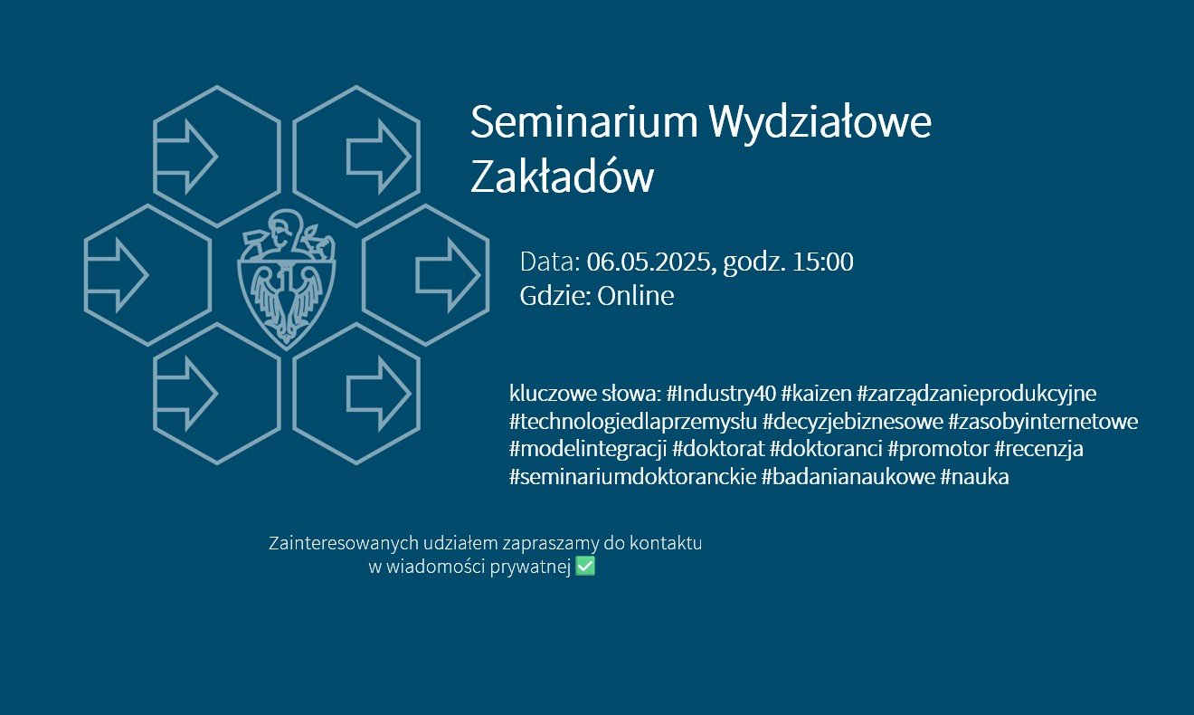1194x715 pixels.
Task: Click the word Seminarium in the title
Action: point(583,122)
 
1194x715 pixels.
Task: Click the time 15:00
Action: point(823,262)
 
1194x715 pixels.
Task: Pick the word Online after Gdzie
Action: point(635,295)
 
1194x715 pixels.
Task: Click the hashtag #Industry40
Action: point(721,394)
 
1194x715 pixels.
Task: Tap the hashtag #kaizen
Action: point(816,394)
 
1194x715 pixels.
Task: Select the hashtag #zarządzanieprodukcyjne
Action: point(977,394)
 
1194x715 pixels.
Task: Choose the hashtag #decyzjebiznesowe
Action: point(853,422)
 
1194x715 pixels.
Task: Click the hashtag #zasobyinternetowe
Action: point(1043,422)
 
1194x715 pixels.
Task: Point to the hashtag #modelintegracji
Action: point(588,449)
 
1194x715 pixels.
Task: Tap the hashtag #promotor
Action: point(938,449)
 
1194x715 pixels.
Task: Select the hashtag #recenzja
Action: point(1039,449)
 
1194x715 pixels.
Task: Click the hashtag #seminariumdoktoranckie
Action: point(632,477)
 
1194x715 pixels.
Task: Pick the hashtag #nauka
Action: point(974,477)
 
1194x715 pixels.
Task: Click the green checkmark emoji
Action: point(585,567)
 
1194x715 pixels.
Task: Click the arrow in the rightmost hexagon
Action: point(448,275)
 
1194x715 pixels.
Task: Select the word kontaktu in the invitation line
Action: point(666,543)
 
